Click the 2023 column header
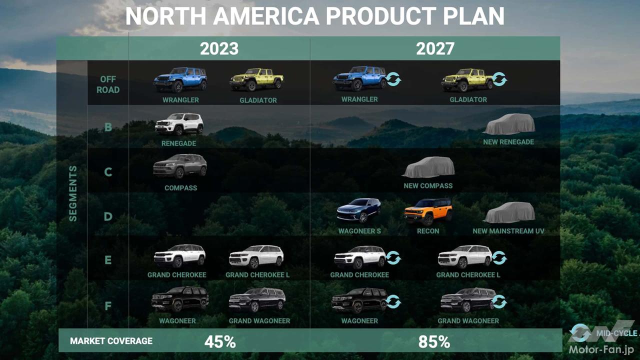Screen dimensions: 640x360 pyautogui.click(x=219, y=48)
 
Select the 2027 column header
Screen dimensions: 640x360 pyautogui.click(x=435, y=48)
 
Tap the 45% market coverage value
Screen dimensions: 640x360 pyautogui.click(x=220, y=341)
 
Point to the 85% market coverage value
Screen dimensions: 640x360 pyautogui.click(x=434, y=341)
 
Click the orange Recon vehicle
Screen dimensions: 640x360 pyautogui.click(x=428, y=211)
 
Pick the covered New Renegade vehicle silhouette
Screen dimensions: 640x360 pyautogui.click(x=509, y=124)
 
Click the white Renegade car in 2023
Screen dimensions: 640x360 pyautogui.click(x=179, y=124)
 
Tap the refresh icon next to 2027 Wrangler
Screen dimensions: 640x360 pyautogui.click(x=393, y=79)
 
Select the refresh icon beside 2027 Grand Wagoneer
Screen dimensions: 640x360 pyautogui.click(x=499, y=301)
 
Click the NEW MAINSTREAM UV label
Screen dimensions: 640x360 pyautogui.click(x=508, y=231)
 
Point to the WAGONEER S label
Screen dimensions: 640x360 pyautogui.click(x=359, y=231)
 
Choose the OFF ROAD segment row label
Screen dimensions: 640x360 pyautogui.click(x=108, y=84)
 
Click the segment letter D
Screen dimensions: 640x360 pyautogui.click(x=108, y=216)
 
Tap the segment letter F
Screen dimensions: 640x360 pyautogui.click(x=108, y=306)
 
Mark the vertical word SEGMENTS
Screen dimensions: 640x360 pyautogui.click(x=73, y=193)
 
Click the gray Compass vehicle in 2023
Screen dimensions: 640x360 pyautogui.click(x=179, y=166)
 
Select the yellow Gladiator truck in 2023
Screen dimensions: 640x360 pyautogui.click(x=256, y=79)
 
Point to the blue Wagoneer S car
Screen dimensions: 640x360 pyautogui.click(x=358, y=210)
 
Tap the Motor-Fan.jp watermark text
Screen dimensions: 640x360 pyautogui.click(x=600, y=349)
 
